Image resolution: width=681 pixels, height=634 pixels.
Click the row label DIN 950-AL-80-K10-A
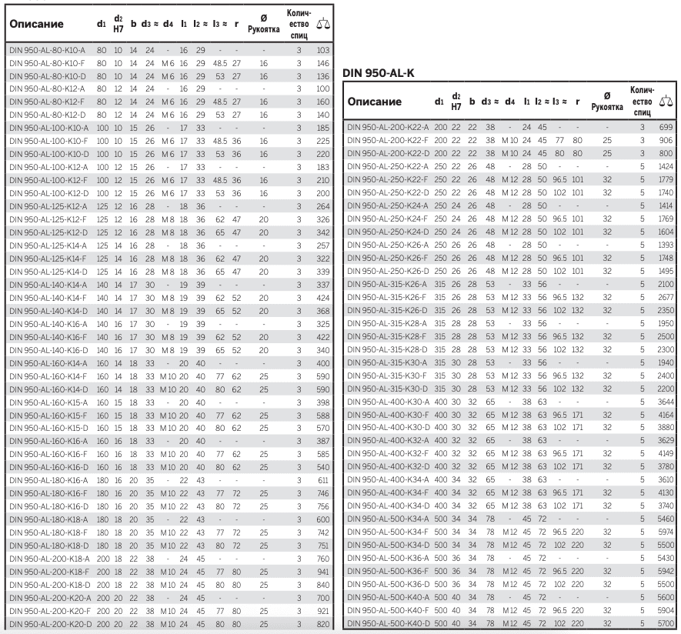click(48, 50)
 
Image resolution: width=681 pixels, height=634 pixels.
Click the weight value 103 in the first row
click(323, 50)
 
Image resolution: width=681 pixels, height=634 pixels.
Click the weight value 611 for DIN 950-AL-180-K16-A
click(323, 479)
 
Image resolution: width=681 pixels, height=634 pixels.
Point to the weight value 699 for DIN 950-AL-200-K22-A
click(663, 127)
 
